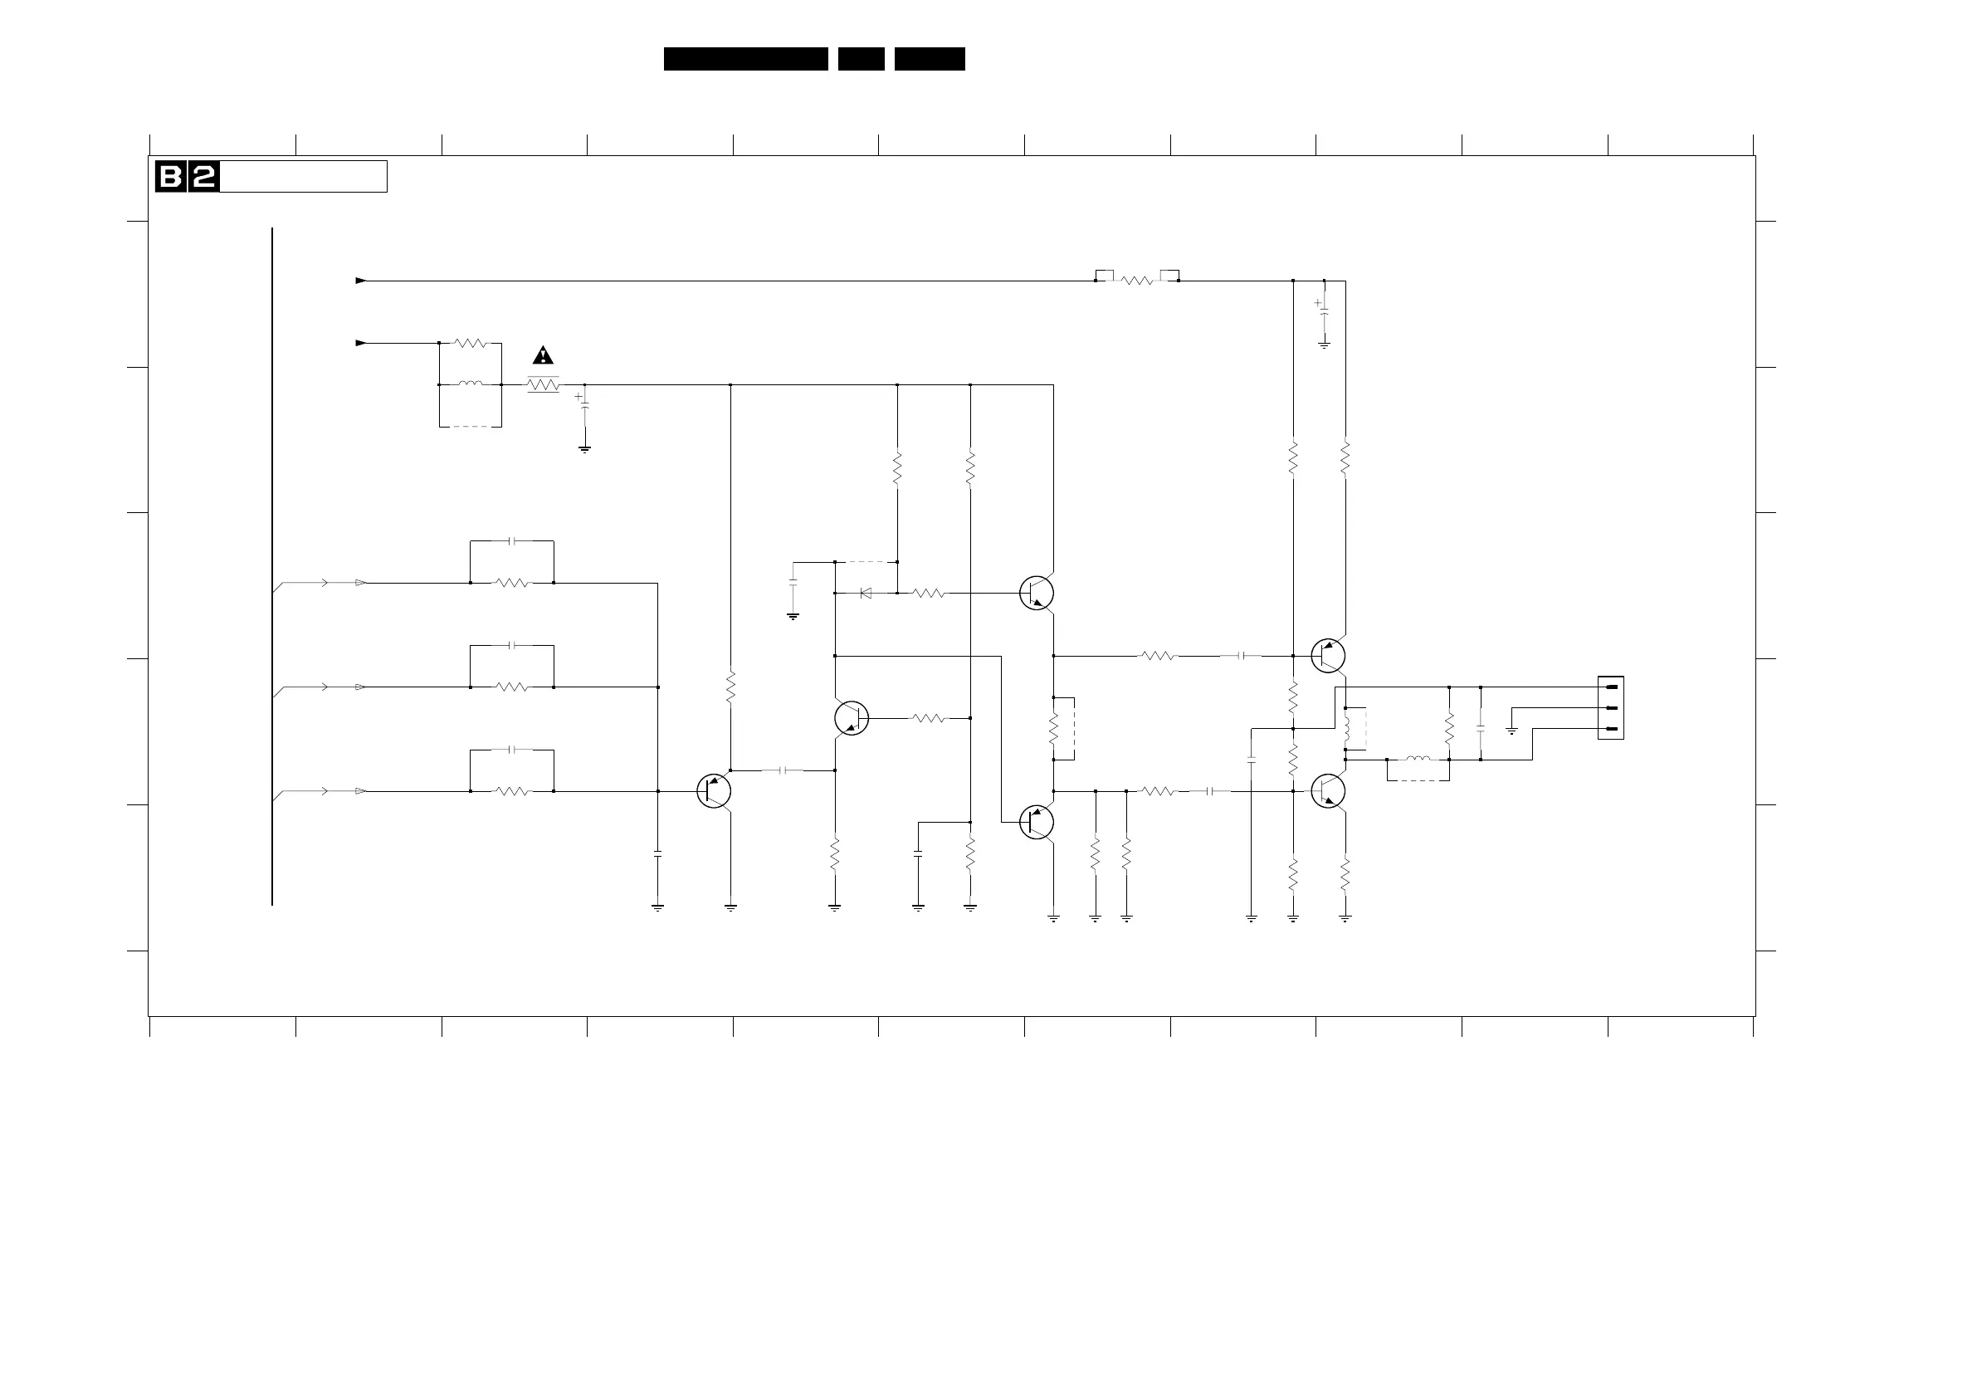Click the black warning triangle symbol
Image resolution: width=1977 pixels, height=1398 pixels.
543,354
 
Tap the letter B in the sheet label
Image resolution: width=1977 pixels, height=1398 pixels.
170,177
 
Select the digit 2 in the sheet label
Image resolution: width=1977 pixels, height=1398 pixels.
203,177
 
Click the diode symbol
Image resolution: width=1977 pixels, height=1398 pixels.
866,593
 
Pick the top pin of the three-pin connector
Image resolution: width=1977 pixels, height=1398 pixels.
1612,687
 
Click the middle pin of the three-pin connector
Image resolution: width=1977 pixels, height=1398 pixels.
1612,708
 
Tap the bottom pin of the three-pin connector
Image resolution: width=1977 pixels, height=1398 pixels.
1612,729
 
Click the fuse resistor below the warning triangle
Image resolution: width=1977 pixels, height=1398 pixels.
543,385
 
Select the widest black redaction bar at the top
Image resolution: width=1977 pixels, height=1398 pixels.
745,59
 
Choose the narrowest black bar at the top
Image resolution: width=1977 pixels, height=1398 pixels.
861,59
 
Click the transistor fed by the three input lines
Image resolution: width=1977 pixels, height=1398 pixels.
714,791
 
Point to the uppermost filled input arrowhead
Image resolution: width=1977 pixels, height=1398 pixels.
361,281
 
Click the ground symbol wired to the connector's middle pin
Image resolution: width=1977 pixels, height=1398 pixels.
1511,731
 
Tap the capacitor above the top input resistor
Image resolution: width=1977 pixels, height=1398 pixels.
512,541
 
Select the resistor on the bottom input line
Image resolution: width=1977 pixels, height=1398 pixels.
512,791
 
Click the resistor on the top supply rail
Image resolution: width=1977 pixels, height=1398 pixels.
1136,281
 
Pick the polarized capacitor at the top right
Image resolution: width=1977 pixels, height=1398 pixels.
1324,310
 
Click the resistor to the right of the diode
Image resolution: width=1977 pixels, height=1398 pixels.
928,593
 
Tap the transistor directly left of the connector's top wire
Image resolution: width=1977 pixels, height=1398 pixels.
1328,656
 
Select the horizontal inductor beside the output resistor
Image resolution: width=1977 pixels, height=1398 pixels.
1418,760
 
